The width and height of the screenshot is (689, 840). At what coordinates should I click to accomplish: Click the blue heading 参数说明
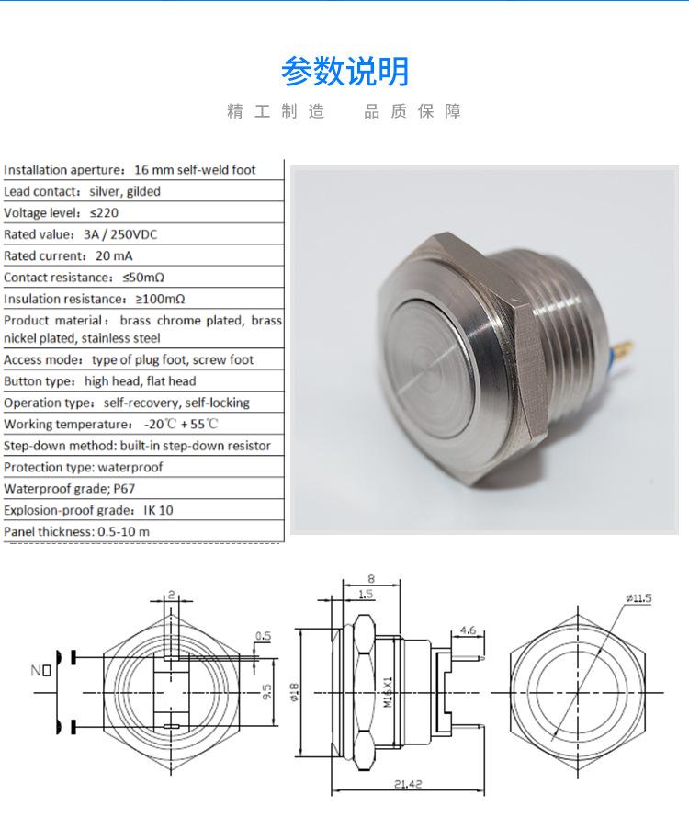click(344, 71)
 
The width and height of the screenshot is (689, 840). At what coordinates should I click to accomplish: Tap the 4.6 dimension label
click(467, 630)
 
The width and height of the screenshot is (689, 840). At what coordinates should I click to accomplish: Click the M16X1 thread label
click(388, 692)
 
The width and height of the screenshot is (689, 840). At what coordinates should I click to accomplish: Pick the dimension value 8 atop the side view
click(371, 578)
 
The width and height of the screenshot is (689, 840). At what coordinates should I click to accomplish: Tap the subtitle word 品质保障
click(412, 112)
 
